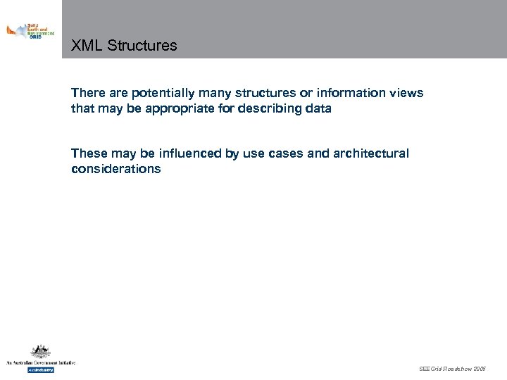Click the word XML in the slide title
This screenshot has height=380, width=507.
(86, 46)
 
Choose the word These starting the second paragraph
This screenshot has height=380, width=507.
(88, 153)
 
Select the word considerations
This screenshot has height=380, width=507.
(116, 169)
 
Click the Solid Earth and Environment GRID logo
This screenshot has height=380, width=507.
(30, 31)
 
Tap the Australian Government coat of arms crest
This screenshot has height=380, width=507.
(40, 352)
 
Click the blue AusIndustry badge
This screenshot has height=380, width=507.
(40, 369)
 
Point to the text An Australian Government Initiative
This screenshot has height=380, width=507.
(40, 362)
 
